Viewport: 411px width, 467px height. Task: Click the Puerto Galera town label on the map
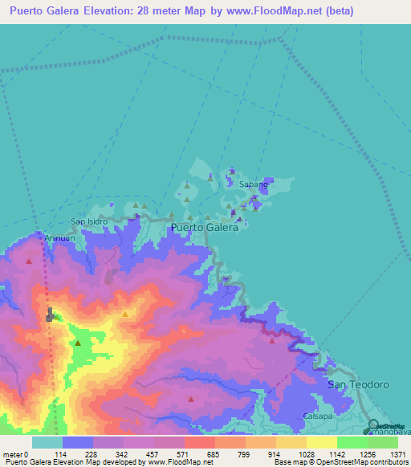coord(205,227)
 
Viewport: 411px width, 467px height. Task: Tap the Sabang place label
coord(253,184)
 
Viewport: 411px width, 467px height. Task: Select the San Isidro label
coord(88,221)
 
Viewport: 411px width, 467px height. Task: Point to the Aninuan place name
coord(60,238)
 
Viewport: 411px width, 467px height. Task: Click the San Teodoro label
coord(359,385)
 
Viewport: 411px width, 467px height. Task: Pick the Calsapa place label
coord(319,416)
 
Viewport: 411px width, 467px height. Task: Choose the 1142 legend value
coord(336,454)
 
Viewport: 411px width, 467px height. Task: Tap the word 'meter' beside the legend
coord(13,454)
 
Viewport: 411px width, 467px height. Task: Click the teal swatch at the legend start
coord(47,442)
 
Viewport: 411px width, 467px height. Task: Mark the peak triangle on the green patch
coord(78,343)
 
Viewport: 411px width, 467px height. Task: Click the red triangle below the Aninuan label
coord(30,261)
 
